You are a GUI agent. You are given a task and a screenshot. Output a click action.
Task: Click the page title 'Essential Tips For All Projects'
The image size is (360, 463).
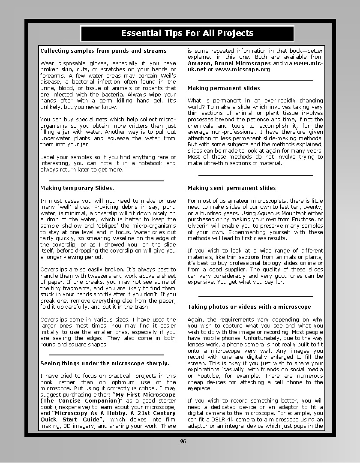click(187, 33)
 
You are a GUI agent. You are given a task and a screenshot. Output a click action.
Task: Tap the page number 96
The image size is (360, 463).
click(183, 442)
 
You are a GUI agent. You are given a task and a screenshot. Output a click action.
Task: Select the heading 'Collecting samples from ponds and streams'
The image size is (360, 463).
click(103, 51)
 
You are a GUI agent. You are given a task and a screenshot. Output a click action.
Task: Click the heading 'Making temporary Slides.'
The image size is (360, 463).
click(77, 188)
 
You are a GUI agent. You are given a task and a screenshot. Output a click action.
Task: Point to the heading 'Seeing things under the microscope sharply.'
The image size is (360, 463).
click(105, 363)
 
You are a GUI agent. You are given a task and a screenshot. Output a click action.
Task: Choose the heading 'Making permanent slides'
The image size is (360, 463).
click(224, 88)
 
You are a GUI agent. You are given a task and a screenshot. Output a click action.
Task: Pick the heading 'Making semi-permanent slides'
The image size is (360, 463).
click(232, 188)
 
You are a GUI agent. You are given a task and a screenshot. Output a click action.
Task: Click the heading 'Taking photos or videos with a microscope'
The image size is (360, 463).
click(249, 307)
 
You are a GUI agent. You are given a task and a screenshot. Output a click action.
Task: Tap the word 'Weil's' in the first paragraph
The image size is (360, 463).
click(166, 75)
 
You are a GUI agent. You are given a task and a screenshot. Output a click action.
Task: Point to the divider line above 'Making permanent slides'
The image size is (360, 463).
click(256, 80)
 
